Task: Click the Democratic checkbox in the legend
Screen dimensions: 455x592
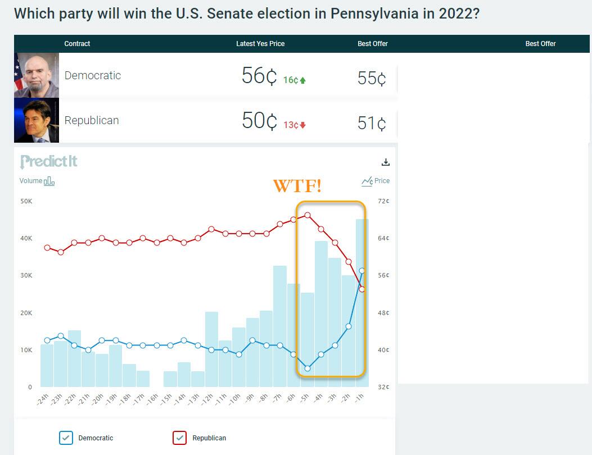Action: pyautogui.click(x=66, y=438)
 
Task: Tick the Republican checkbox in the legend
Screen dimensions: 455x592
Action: pyautogui.click(x=180, y=438)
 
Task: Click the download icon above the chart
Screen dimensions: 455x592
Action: pyautogui.click(x=386, y=162)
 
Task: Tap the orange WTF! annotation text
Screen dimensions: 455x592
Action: pyautogui.click(x=297, y=186)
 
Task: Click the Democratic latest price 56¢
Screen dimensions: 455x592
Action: pyautogui.click(x=259, y=76)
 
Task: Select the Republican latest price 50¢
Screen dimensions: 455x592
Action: pyautogui.click(x=259, y=121)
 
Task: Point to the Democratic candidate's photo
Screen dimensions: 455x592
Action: pyautogui.click(x=37, y=75)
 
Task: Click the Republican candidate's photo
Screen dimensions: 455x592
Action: pyautogui.click(x=37, y=120)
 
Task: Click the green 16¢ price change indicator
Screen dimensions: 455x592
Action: pyautogui.click(x=294, y=80)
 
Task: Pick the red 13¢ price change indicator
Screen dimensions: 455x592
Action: pyautogui.click(x=294, y=125)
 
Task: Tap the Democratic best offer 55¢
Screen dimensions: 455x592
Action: pyautogui.click(x=372, y=78)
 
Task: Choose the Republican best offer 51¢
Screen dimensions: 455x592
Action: pyautogui.click(x=372, y=123)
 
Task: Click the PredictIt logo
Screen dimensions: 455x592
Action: pyautogui.click(x=49, y=162)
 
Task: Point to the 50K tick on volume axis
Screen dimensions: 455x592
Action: pyautogui.click(x=26, y=201)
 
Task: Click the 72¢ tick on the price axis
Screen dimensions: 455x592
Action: pyautogui.click(x=383, y=201)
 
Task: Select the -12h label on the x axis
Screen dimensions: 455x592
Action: pyautogui.click(x=208, y=399)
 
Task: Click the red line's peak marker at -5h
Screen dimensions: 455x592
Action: pyautogui.click(x=308, y=215)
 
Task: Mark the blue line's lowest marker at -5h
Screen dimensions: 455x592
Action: pyautogui.click(x=308, y=368)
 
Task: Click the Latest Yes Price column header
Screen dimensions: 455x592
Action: pyautogui.click(x=260, y=44)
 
